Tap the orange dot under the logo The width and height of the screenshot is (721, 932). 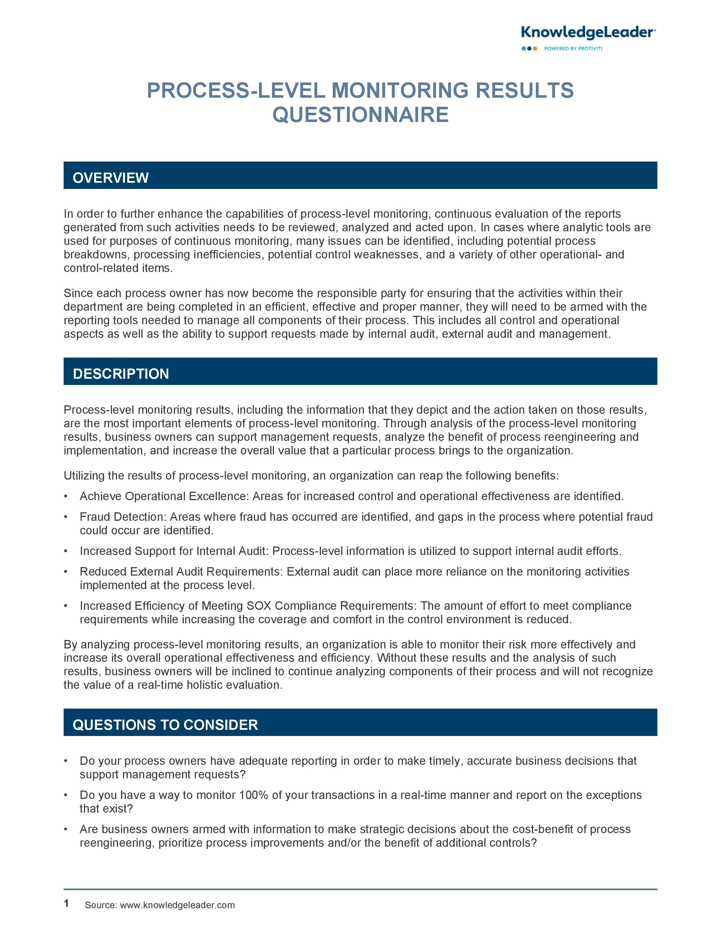535,49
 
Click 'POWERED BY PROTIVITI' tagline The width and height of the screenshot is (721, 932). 573,49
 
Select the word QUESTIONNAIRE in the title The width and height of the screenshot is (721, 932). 360,115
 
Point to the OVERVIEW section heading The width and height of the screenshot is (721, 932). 111,178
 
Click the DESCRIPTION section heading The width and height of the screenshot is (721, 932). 121,374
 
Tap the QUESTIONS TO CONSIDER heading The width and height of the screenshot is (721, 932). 165,725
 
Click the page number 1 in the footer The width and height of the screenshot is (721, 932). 66,903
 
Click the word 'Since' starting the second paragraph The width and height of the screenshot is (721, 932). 78,293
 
